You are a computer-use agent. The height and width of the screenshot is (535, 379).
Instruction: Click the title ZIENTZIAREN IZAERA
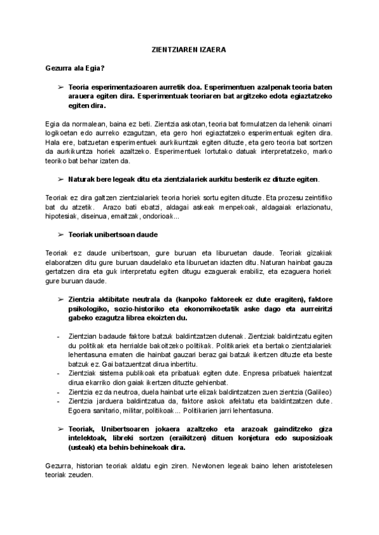tap(190, 48)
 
